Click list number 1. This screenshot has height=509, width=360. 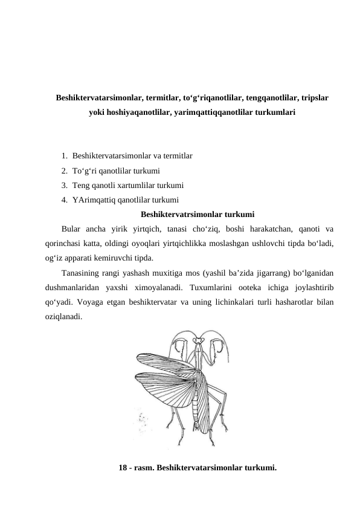click(x=64, y=156)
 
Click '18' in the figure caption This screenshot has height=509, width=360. click(x=123, y=468)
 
